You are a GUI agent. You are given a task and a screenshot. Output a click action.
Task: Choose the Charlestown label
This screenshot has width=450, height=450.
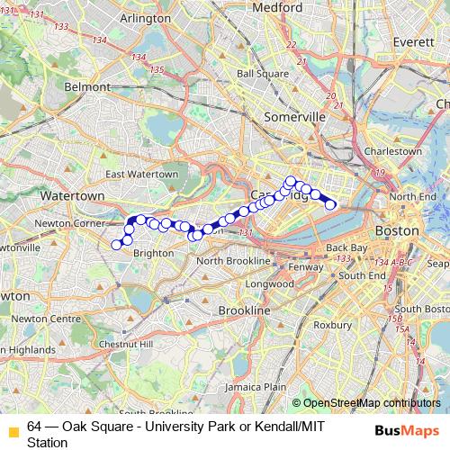[391, 151]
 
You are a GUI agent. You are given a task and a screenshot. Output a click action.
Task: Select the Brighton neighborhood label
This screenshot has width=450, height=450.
[153, 254]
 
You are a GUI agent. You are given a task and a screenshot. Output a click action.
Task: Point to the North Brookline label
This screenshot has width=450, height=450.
[233, 261]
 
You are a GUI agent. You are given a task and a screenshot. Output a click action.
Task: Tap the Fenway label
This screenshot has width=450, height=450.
[307, 267]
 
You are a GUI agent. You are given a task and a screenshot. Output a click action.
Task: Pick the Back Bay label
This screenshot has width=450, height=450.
[343, 247]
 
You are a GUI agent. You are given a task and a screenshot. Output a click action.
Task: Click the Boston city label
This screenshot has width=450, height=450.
[396, 231]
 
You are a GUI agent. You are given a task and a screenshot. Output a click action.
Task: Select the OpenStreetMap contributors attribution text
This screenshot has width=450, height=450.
[372, 403]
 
